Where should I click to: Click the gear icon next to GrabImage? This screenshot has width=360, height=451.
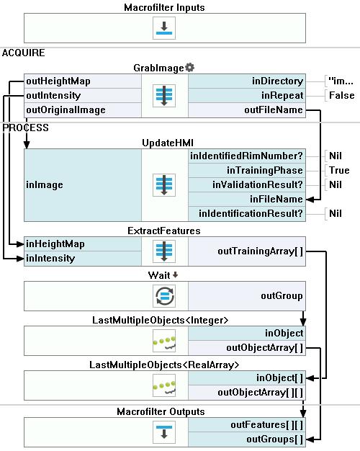(x=190, y=68)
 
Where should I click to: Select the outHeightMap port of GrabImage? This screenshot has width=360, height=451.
(x=83, y=81)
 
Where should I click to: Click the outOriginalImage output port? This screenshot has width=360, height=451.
(x=83, y=110)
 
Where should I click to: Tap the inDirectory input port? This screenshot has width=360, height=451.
(x=247, y=81)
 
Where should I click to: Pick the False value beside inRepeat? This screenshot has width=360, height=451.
(x=341, y=96)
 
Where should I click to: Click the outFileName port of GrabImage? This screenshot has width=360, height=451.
(x=247, y=110)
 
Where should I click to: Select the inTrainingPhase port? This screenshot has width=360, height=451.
(x=247, y=170)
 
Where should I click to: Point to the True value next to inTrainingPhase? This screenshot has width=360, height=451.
(x=339, y=170)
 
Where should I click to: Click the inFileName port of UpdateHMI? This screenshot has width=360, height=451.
(x=247, y=199)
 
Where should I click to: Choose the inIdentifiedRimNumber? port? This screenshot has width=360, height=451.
(x=247, y=156)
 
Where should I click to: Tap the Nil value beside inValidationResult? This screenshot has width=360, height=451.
(x=336, y=184)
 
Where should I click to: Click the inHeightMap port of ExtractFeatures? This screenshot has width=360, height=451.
(x=83, y=244)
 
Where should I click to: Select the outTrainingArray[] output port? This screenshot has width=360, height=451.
(x=247, y=251)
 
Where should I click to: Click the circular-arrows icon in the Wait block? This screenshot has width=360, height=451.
(x=164, y=296)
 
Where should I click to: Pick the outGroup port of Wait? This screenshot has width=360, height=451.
(x=247, y=296)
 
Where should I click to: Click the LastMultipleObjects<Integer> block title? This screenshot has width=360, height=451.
(x=160, y=320)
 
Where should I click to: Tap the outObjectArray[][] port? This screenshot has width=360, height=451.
(x=247, y=393)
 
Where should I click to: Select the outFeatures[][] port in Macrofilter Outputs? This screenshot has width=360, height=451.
(x=247, y=425)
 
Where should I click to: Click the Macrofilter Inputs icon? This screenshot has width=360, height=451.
(x=164, y=28)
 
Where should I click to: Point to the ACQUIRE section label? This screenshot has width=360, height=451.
(x=24, y=53)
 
